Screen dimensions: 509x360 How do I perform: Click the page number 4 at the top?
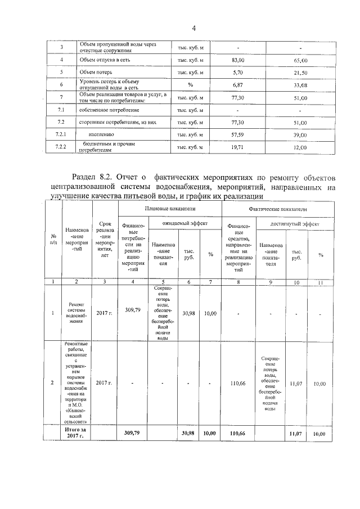click(193, 28)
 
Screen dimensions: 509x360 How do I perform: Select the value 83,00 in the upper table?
click(238, 60)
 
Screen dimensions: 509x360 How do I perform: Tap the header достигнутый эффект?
click(295, 223)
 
